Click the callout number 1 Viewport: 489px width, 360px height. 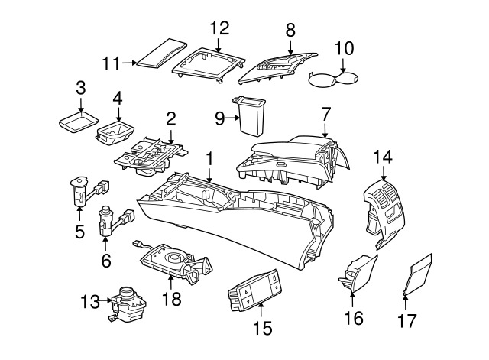pos(209,161)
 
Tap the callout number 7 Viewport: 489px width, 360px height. pos(325,114)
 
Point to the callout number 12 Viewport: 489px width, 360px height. pos(219,28)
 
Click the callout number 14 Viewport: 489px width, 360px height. pos(382,157)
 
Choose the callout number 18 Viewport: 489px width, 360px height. pos(172,299)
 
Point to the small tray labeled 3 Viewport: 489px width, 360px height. pos(79,122)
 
